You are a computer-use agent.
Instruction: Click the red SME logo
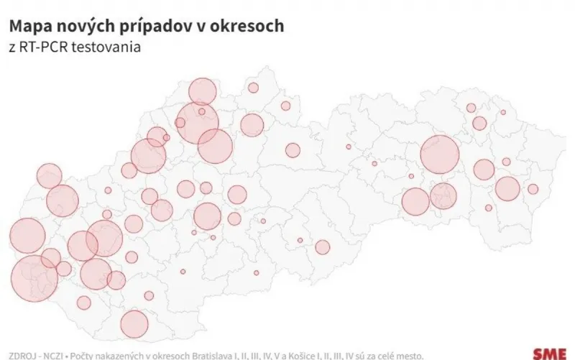point(549,354)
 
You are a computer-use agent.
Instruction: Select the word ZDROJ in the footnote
point(22,355)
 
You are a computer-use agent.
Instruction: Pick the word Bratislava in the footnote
point(234,355)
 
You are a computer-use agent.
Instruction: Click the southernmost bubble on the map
point(134,323)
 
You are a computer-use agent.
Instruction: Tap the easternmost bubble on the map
point(533,189)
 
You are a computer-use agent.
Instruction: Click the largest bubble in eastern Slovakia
point(439,154)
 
